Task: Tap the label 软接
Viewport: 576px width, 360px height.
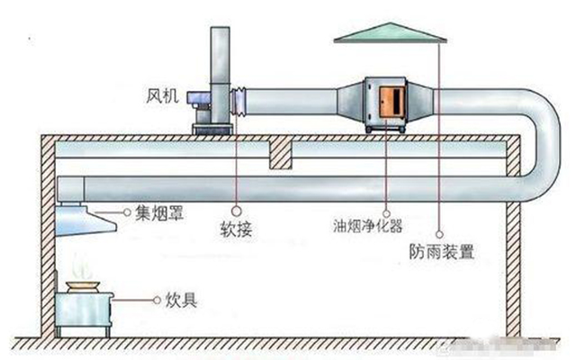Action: pos(236,230)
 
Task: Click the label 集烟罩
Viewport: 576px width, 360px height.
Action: pos(154,213)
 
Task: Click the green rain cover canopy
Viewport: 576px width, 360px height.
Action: pos(391,31)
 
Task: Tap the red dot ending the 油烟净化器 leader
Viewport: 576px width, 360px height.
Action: pos(388,193)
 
